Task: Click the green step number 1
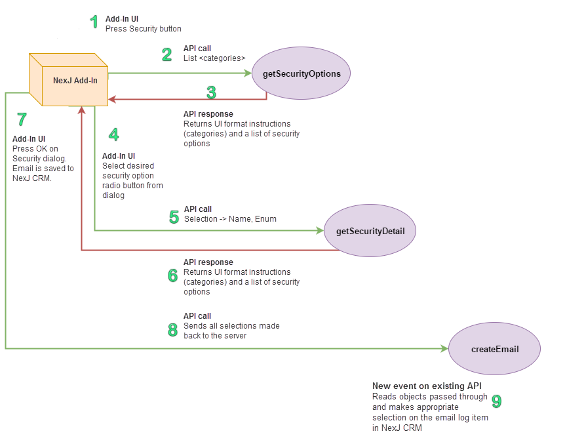[94, 22]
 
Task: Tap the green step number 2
[167, 54]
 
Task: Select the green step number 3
[211, 92]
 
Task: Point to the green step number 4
[114, 134]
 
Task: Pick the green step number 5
[174, 217]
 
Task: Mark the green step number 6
[172, 275]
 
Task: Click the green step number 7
[22, 119]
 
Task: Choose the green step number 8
[172, 330]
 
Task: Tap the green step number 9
[497, 401]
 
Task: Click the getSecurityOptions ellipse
[302, 73]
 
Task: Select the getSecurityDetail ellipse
[370, 231]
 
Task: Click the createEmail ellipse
[494, 349]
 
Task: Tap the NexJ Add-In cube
[68, 79]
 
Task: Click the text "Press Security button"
[143, 29]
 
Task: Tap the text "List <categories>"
[214, 58]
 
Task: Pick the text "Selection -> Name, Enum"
[230, 218]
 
